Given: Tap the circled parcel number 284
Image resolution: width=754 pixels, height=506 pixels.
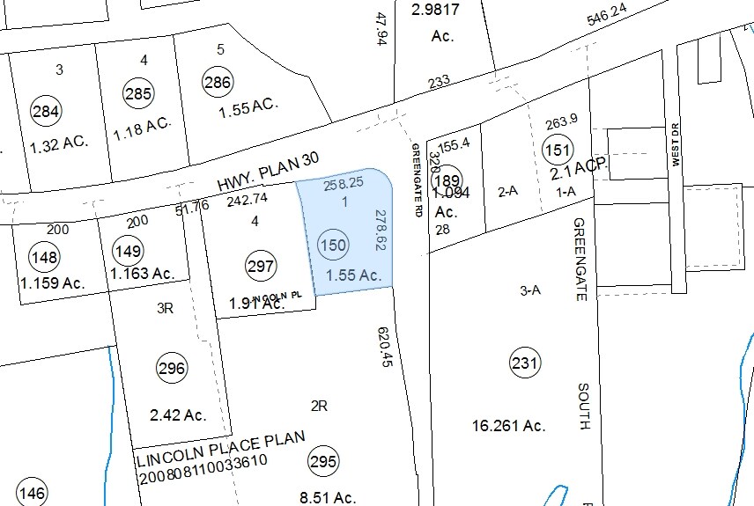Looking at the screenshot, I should point(46,111).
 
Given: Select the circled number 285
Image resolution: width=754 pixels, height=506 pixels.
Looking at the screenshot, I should point(138,92).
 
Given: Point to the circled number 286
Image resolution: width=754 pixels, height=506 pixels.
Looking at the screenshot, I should point(217,83).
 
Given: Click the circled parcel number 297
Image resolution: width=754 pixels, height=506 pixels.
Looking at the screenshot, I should point(262,265).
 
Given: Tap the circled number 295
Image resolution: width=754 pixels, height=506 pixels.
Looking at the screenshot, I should point(322,461).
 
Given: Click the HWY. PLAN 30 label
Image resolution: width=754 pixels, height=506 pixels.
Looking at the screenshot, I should point(267,172).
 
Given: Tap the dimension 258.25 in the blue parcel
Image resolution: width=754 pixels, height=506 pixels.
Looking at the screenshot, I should point(344,185).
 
